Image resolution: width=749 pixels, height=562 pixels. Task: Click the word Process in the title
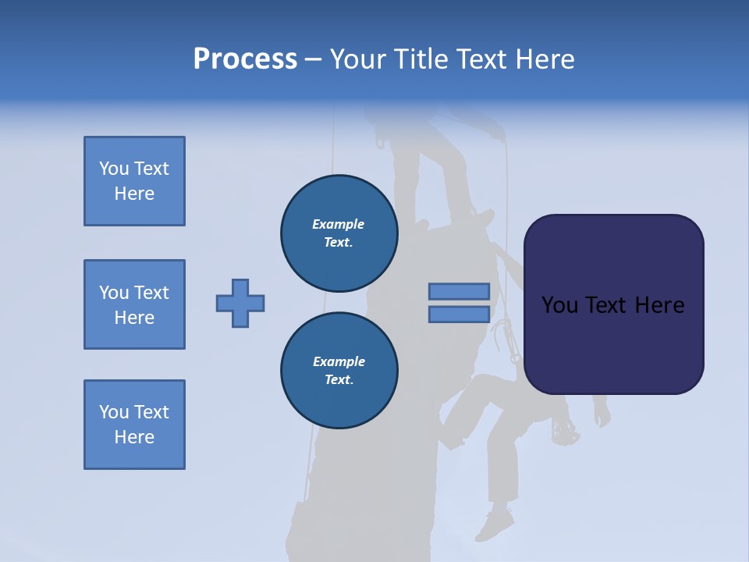coord(245,59)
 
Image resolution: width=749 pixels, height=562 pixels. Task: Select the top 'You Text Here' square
coord(134,181)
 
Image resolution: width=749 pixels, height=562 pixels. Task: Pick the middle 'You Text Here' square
coord(134,304)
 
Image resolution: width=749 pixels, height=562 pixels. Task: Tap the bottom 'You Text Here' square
coord(134,425)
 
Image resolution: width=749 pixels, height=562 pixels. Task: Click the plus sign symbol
coord(240,303)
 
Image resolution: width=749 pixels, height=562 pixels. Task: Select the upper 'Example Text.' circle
coord(339,233)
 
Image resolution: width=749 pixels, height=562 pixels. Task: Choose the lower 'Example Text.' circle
coord(339,370)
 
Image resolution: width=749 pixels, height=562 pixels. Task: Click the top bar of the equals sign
coord(459,291)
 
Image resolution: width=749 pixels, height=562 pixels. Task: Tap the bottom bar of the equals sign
coord(459,314)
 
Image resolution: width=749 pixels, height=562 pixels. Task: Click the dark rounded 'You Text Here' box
coord(613,304)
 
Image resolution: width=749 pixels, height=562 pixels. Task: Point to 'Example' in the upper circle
coord(339,224)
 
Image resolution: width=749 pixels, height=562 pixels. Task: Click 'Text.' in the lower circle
coord(339,379)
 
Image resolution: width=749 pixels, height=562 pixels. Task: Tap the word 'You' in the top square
coord(114,169)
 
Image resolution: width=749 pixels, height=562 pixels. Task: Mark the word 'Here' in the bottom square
coord(134,437)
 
